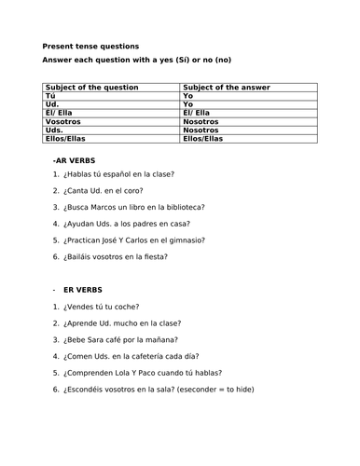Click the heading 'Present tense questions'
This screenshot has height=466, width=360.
pyautogui.click(x=90, y=46)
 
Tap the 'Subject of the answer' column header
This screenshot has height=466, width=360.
pyautogui.click(x=227, y=87)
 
